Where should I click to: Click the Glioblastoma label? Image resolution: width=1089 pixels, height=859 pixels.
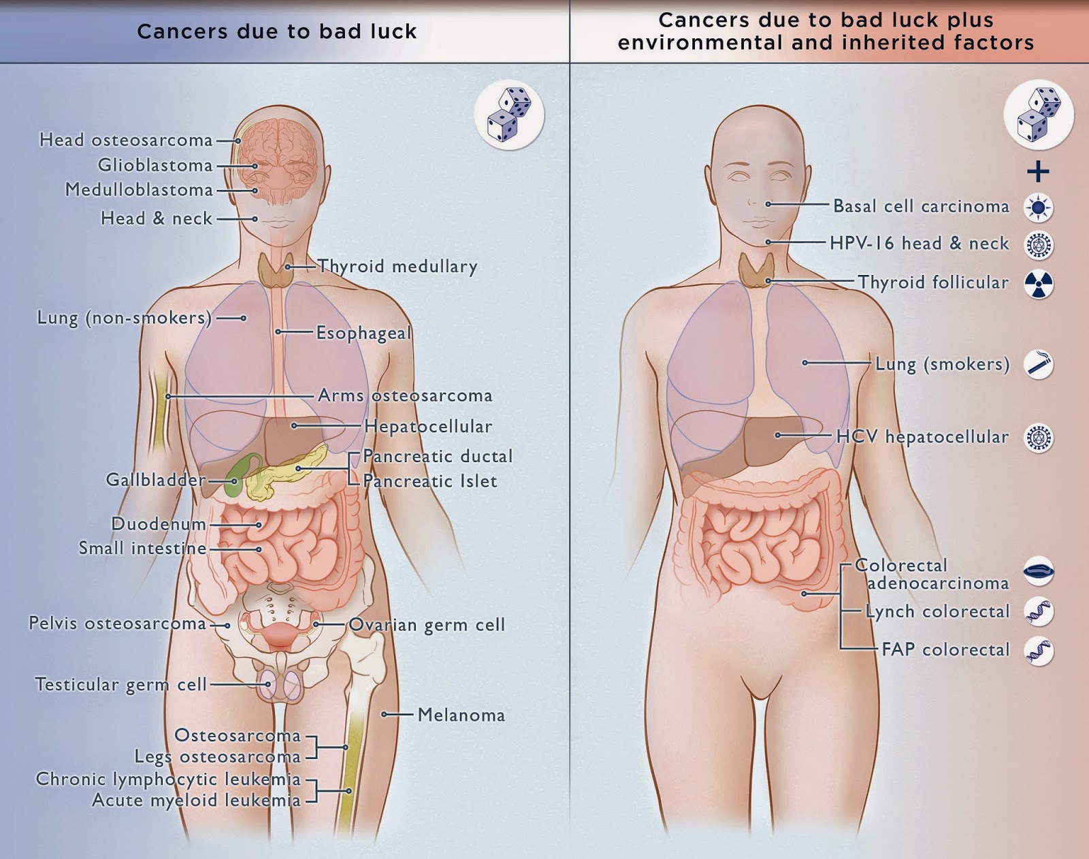tap(155, 165)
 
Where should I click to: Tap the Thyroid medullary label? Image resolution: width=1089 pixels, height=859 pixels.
tap(397, 266)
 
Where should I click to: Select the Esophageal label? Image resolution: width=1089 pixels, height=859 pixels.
tap(363, 333)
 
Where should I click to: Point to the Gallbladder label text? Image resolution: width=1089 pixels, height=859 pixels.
tap(155, 479)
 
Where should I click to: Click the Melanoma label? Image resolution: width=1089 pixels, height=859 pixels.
tap(461, 715)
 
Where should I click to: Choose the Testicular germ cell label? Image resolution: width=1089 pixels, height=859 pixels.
tap(121, 684)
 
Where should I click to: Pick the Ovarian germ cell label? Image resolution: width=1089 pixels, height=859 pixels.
tap(427, 625)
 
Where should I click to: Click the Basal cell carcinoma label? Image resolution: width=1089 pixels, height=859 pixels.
tap(921, 206)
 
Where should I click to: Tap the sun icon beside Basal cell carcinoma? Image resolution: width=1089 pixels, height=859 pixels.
tap(1039, 208)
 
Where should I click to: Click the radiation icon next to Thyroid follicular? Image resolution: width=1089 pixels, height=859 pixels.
tap(1039, 284)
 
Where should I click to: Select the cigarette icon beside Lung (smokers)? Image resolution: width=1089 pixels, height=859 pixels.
tap(1039, 364)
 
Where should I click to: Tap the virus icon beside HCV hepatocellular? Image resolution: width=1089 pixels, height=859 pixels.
tap(1039, 438)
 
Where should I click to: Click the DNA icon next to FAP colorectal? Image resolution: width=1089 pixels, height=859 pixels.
tap(1039, 651)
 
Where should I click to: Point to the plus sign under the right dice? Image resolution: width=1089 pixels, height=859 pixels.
tap(1038, 172)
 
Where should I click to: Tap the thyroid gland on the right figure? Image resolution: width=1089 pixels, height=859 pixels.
tap(755, 270)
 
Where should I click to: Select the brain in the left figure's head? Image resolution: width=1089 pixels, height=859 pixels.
tap(278, 155)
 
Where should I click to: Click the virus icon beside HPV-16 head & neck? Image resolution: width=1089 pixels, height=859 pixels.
tap(1039, 246)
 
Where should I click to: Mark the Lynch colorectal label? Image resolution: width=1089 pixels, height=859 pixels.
tap(937, 611)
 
